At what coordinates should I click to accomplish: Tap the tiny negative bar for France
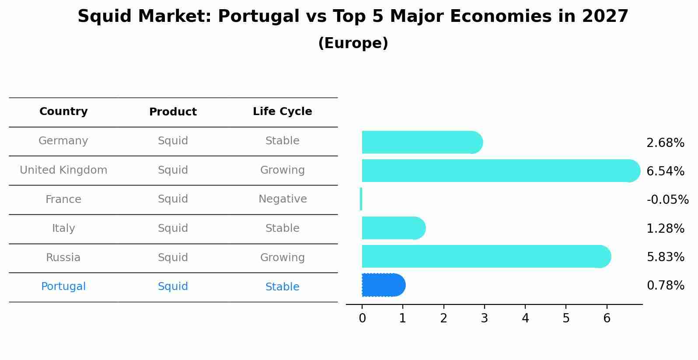coord(361,199)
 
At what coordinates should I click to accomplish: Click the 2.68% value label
coord(665,143)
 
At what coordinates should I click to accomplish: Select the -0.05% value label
coord(667,200)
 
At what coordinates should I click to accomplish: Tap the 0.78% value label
coord(665,286)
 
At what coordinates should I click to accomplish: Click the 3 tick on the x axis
coord(485,318)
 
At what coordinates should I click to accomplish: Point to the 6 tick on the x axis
coord(607,318)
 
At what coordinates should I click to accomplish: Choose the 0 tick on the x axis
coord(362,318)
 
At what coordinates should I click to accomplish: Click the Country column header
coord(63,112)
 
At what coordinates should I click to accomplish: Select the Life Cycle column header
coord(283,112)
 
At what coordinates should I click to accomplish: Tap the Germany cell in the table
coord(63,141)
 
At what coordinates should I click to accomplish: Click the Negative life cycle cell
coord(283,199)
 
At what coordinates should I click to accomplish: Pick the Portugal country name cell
coord(63,287)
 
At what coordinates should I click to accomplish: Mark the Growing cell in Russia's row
coord(283,257)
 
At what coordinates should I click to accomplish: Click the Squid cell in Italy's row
coord(173,228)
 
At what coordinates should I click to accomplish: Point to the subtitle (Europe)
coord(353,43)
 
